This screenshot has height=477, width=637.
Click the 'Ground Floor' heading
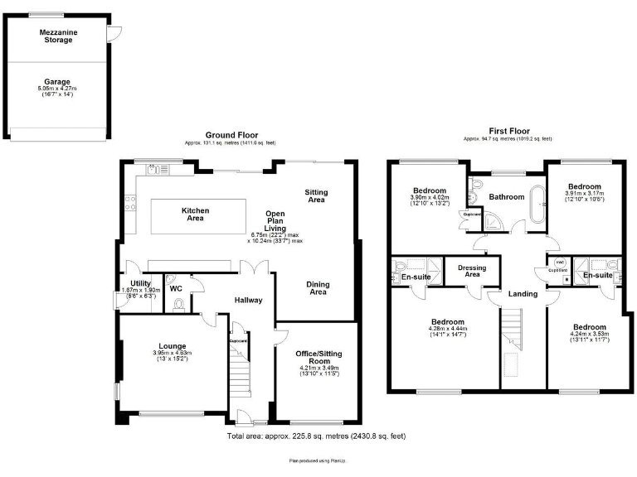231,135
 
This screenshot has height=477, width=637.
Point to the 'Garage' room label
56,82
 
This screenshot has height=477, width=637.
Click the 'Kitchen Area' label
195,214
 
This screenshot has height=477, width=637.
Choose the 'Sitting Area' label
316,195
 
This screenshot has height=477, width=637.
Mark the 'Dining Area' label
318,287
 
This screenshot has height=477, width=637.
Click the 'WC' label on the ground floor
176,289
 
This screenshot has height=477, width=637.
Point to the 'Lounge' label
173,346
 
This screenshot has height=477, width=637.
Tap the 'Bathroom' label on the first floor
506,197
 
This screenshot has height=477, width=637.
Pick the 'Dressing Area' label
472,271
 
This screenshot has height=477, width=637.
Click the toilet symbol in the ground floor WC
179,303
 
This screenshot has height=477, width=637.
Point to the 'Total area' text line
316,436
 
